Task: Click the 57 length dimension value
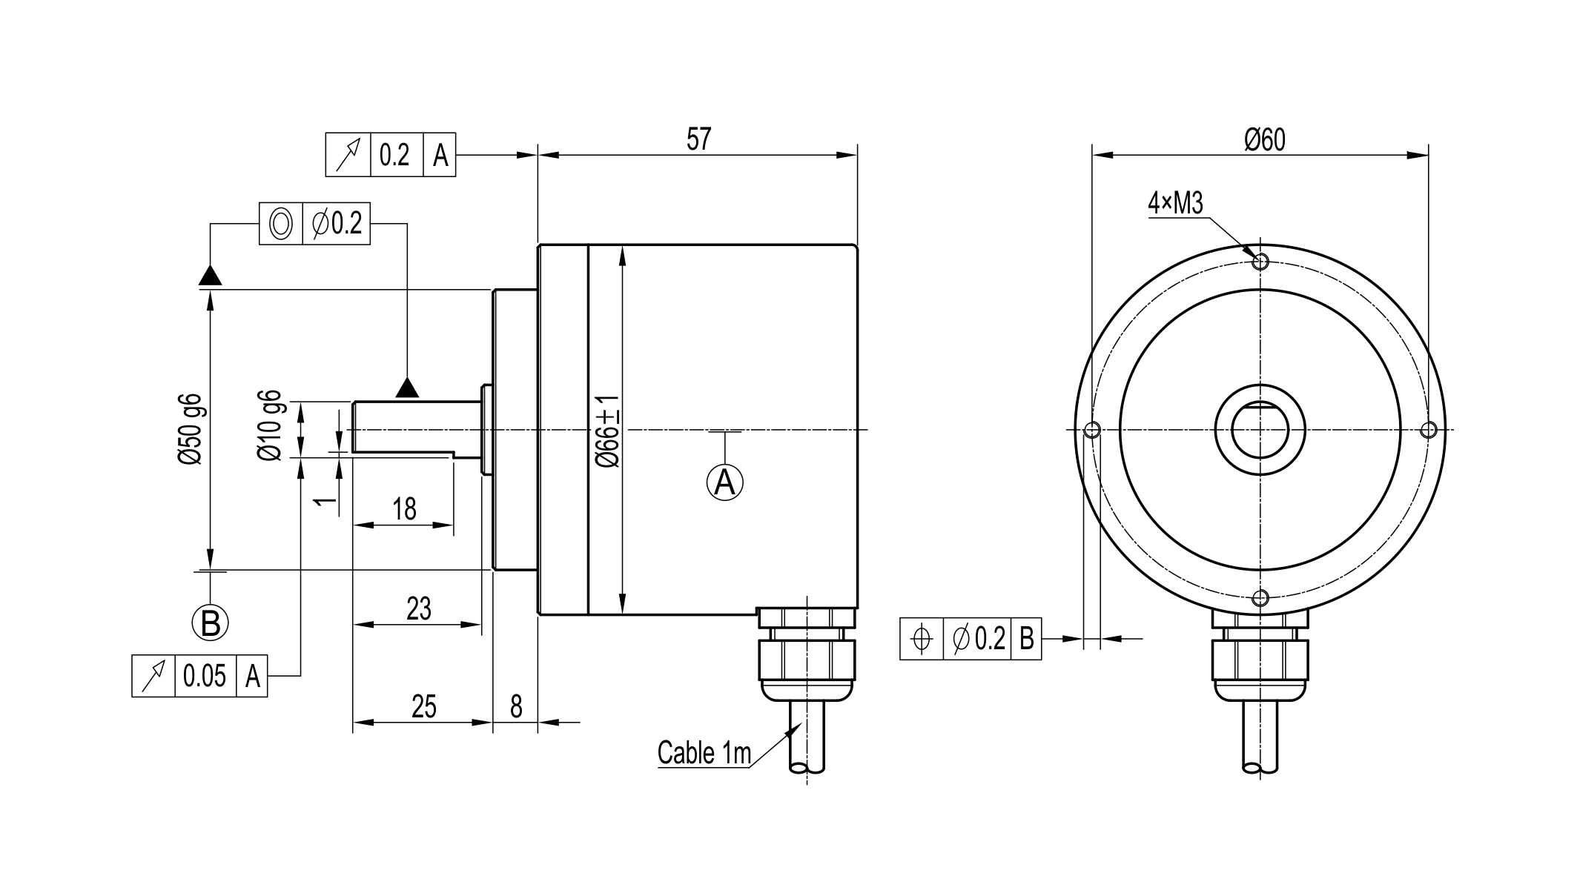pos(698,139)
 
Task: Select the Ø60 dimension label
pos(1264,139)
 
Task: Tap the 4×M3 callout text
pos(1175,202)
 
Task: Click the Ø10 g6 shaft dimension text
pos(270,425)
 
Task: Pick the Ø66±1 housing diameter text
pos(608,430)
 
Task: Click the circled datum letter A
pos(724,482)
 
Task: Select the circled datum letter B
pos(211,623)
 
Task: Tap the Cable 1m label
pos(704,753)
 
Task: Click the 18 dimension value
pos(404,509)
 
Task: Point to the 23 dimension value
pos(419,608)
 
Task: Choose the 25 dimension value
pos(423,706)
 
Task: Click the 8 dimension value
pos(516,706)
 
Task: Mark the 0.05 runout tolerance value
pos(205,676)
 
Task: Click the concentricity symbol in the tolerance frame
pos(281,223)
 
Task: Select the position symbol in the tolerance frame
pos(922,638)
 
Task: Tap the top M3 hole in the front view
pos(1260,261)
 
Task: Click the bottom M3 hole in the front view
pos(1260,597)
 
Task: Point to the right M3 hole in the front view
pos(1428,429)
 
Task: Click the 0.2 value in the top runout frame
pos(394,155)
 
